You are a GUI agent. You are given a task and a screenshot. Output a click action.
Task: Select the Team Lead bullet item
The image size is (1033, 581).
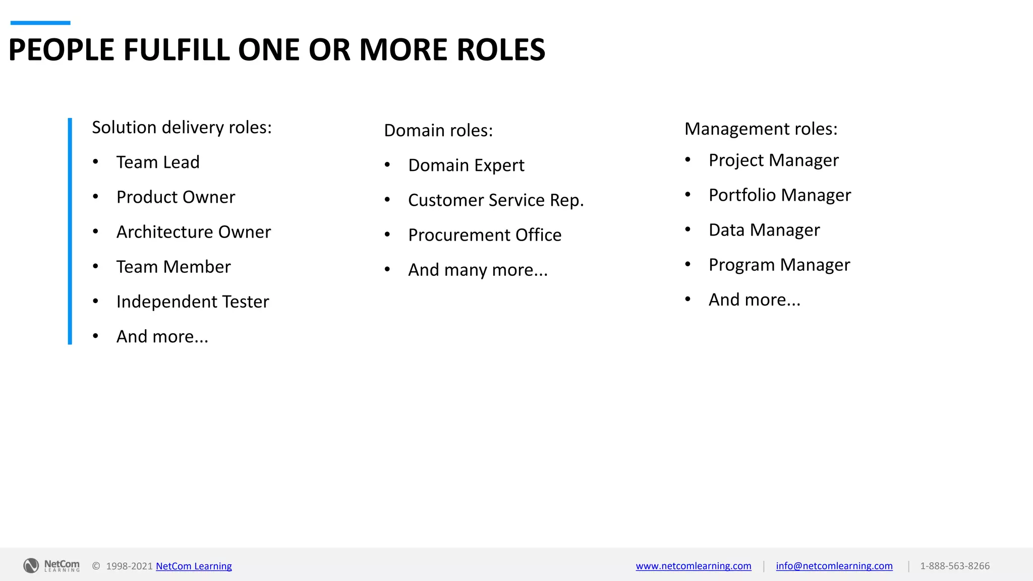(158, 162)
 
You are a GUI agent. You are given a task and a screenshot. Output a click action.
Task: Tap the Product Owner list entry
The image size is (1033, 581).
(176, 197)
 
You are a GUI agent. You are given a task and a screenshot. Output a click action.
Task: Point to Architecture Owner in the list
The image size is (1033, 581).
(193, 232)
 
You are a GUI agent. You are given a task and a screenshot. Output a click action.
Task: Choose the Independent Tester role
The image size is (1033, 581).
(193, 302)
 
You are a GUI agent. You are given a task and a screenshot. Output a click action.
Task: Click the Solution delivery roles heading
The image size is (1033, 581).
(182, 128)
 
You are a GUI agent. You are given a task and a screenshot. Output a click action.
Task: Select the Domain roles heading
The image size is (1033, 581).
(438, 131)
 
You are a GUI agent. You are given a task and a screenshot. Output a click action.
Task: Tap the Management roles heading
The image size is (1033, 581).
(761, 129)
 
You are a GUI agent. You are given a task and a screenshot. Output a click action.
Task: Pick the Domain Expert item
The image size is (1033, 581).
(466, 165)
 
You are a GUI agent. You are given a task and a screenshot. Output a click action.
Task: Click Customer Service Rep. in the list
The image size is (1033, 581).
(496, 200)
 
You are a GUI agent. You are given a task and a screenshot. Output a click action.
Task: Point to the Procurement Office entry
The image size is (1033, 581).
(485, 235)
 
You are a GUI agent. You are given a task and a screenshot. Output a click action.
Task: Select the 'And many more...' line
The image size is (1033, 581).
(478, 270)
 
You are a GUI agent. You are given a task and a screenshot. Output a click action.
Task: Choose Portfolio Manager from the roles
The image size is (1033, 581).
(780, 195)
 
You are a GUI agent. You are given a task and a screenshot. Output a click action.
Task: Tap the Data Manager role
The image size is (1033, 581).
(764, 230)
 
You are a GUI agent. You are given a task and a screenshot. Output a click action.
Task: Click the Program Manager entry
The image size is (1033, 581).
(779, 265)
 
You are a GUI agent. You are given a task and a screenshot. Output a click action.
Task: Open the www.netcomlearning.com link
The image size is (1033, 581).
(694, 566)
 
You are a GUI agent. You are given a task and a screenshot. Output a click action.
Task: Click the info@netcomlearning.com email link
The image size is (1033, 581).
(834, 566)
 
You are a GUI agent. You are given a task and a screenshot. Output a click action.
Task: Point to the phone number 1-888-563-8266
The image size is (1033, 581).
(955, 566)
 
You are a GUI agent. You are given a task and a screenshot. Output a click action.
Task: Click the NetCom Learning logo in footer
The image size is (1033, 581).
(51, 565)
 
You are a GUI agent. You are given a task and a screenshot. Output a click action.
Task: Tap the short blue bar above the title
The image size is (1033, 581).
(40, 23)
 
